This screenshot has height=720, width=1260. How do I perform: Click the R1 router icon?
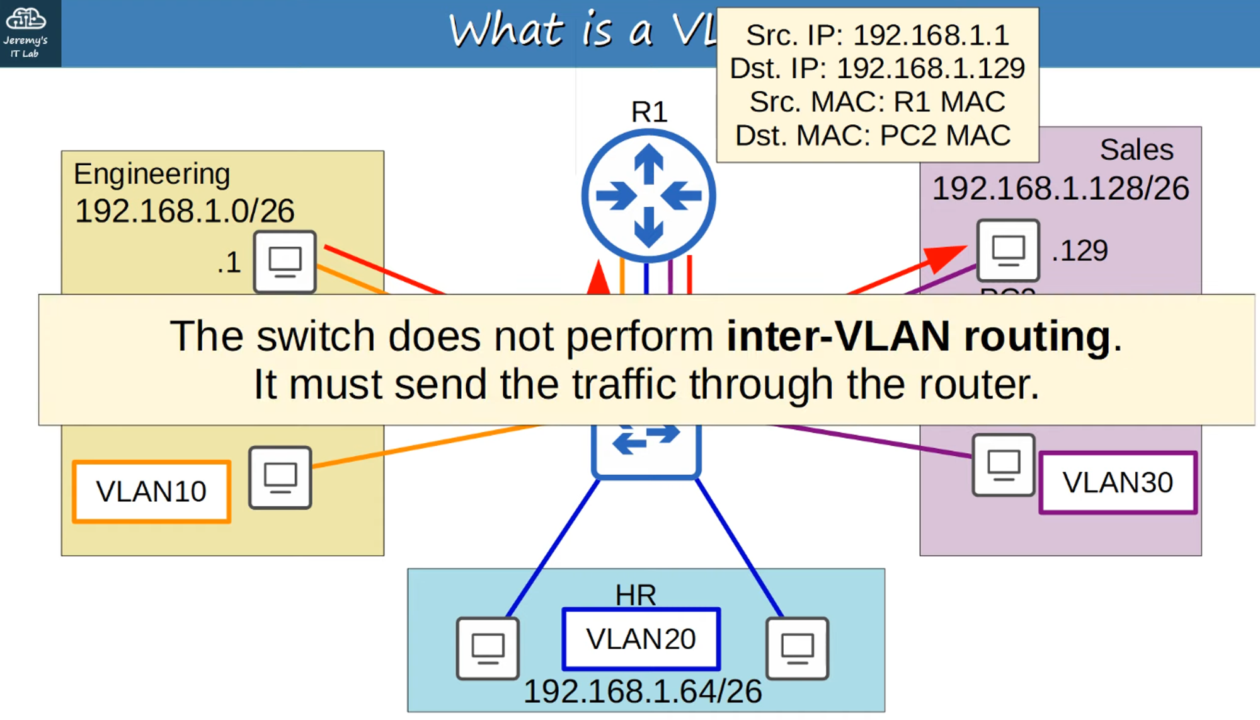[648, 195]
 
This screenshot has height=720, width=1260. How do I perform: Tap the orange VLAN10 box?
[151, 492]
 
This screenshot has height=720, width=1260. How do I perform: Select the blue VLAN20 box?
[641, 639]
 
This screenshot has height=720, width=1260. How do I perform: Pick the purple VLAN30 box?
[1118, 483]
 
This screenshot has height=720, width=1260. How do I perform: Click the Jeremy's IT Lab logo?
[26, 32]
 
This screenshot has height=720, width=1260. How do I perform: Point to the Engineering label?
[152, 174]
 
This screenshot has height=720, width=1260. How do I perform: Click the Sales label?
[1137, 150]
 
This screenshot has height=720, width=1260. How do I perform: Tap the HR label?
[635, 595]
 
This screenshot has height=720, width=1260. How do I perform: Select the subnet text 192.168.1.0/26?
[185, 211]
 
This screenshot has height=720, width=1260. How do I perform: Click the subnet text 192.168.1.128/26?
[1060, 189]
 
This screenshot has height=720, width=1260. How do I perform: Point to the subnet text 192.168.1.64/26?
[643, 692]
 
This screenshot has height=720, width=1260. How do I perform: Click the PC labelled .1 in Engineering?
[285, 261]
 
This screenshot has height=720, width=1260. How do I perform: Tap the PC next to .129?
[1007, 250]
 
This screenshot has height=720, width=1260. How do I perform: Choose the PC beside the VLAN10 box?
[280, 477]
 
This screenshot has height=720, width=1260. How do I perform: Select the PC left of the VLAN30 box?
[1003, 465]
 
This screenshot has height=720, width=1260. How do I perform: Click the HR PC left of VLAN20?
[488, 648]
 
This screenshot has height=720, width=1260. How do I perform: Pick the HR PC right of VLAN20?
[797, 648]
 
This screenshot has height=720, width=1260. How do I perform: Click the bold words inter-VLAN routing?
[918, 336]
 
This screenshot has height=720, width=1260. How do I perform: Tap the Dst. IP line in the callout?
[877, 68]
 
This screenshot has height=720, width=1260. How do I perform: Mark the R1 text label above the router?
[649, 112]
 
